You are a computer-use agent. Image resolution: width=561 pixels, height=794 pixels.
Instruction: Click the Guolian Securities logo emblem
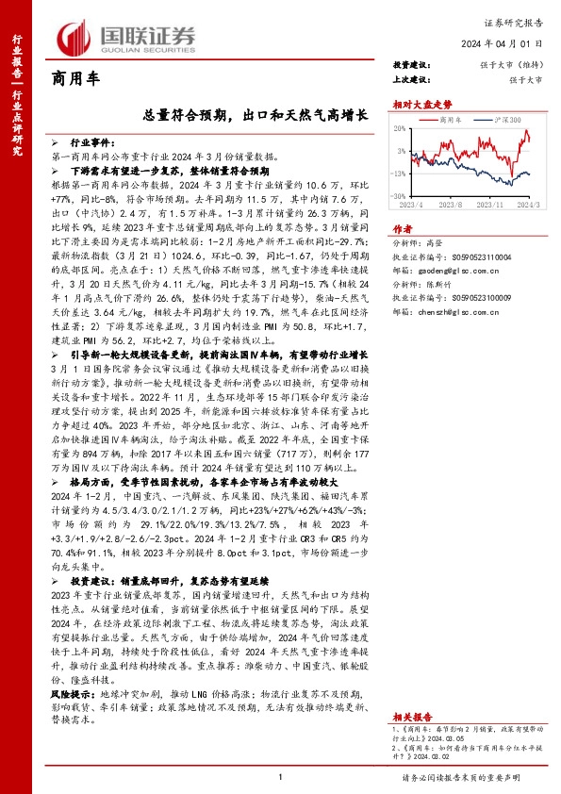[75, 35]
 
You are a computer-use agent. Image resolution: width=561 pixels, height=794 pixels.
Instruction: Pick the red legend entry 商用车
[450, 121]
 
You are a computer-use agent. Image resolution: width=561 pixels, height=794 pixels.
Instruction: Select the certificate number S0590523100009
[475, 323]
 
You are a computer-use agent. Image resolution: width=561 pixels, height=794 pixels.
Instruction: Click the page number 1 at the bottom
[281, 775]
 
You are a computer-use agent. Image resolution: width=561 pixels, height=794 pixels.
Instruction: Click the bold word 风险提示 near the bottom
[70, 693]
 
